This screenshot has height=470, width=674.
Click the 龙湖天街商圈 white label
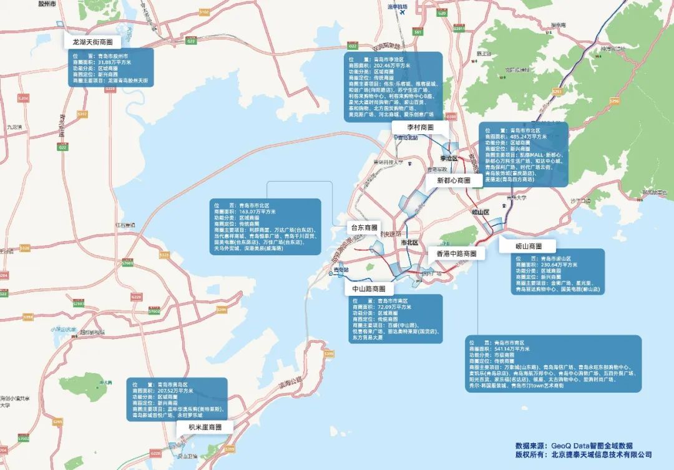pos(92,42)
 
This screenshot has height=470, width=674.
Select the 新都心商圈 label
pos(453,180)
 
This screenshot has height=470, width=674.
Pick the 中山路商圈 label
pos(369,289)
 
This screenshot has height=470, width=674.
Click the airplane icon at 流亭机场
pos(402,12)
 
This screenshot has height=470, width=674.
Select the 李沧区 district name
pos(449,159)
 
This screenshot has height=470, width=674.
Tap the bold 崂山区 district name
pos(480,213)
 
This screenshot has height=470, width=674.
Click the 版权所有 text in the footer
pos(531,455)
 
